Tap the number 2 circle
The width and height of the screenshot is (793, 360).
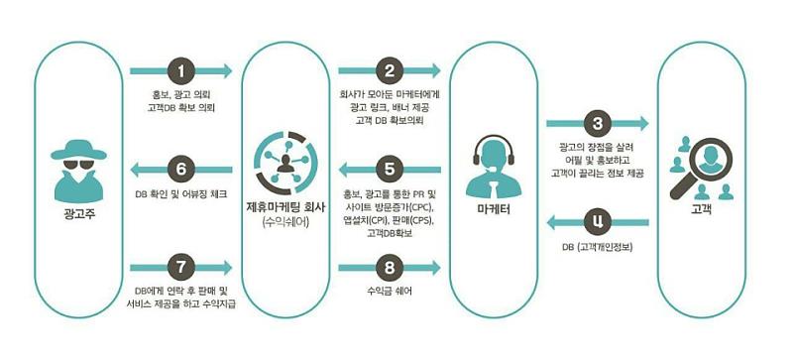coord(391,71)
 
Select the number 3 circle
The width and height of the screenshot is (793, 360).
coord(596,124)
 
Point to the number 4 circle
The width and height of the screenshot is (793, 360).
coord(596,221)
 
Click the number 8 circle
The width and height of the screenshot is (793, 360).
coord(391,267)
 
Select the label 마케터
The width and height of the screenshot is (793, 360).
coord(494,210)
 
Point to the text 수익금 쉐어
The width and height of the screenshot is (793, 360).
coord(391,293)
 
